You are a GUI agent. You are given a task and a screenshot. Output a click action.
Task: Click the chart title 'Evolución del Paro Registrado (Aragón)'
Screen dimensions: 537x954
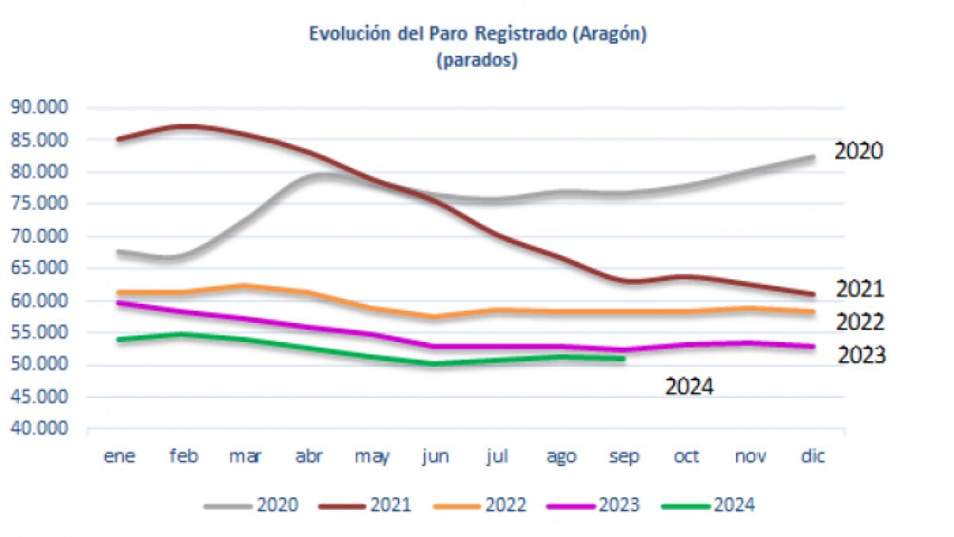(477, 34)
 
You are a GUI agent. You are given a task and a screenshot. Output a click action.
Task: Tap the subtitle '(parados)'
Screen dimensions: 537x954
(477, 60)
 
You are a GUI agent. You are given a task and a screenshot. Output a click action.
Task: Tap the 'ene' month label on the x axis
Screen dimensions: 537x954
(120, 457)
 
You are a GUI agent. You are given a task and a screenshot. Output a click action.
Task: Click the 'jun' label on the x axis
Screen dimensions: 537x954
(436, 457)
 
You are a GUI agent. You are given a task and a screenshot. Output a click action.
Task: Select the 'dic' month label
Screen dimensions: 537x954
(812, 457)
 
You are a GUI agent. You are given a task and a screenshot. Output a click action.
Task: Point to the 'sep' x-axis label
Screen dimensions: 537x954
(625, 457)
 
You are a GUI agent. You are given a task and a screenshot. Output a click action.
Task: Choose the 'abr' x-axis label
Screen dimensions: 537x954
(310, 457)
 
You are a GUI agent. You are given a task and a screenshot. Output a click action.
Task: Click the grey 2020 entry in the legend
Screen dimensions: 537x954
(251, 504)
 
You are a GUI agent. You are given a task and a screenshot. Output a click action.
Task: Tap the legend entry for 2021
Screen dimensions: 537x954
(365, 504)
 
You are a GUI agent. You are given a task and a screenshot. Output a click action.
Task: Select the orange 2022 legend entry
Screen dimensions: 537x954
(481, 504)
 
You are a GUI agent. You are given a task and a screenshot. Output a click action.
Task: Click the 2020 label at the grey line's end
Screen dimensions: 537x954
(859, 151)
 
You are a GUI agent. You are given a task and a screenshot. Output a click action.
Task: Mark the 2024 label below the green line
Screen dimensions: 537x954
(690, 387)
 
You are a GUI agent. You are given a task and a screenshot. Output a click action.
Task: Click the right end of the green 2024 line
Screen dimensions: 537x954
(624, 359)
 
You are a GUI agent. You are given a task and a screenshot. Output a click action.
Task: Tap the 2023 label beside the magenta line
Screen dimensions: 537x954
(862, 355)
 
